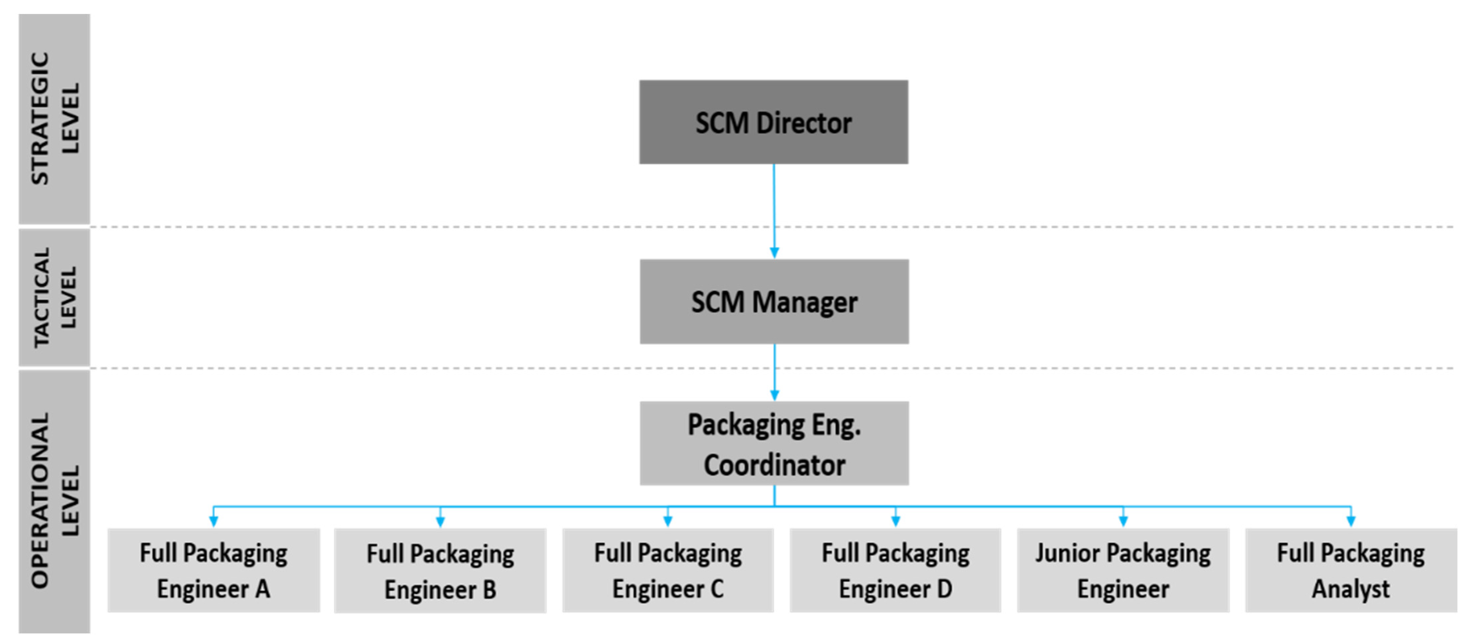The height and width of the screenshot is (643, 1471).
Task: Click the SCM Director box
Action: pyautogui.click(x=773, y=122)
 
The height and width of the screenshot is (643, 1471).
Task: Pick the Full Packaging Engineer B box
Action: pyautogui.click(x=440, y=571)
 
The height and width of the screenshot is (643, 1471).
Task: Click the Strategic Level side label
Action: pyautogui.click(x=54, y=119)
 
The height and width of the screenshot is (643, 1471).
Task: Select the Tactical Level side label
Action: pyautogui.click(x=54, y=297)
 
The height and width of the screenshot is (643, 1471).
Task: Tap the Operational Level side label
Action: pyautogui.click(x=54, y=501)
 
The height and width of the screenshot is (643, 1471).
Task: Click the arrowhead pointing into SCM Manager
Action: pyautogui.click(x=774, y=252)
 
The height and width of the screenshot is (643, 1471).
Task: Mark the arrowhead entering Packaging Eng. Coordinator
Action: pyautogui.click(x=774, y=395)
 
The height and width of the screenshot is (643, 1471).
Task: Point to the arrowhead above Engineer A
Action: pyautogui.click(x=214, y=521)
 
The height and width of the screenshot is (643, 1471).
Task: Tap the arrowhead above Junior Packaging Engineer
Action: pyautogui.click(x=1123, y=521)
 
